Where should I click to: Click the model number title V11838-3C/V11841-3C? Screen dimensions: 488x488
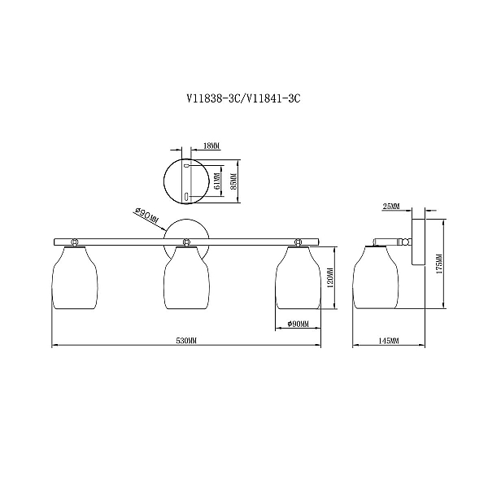(244, 98)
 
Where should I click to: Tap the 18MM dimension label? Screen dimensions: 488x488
(211, 146)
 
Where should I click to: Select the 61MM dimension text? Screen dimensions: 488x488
(217, 181)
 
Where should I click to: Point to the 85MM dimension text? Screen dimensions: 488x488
(234, 181)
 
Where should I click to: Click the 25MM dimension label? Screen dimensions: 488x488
(391, 207)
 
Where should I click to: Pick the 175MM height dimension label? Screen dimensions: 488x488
(439, 264)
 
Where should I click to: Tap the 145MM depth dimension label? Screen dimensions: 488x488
(389, 341)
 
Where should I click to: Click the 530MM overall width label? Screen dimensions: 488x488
(187, 341)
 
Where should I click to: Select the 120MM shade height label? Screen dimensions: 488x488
(330, 277)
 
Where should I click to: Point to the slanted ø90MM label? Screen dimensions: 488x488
(146, 216)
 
